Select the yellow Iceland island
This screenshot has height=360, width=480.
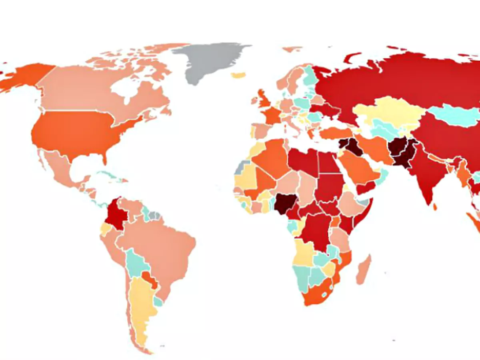tap(239, 75)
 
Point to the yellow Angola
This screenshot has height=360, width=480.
tap(304, 252)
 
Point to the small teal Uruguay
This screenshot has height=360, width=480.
tap(158, 301)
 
